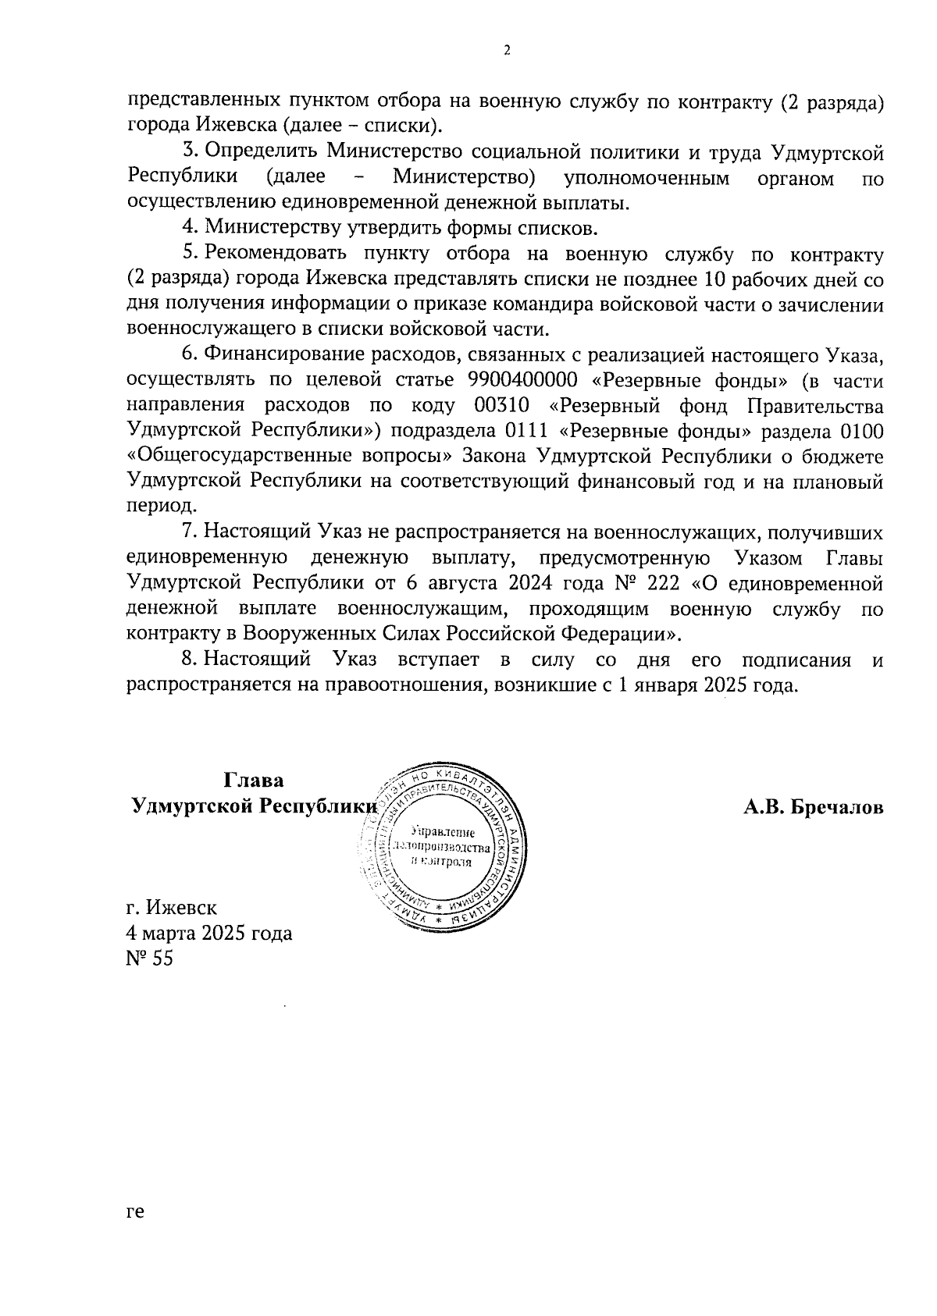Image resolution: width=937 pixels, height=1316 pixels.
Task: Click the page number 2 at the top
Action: [x=508, y=52]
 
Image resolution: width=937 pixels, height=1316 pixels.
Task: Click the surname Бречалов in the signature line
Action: [x=836, y=807]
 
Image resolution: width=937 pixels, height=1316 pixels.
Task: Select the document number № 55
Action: [x=149, y=958]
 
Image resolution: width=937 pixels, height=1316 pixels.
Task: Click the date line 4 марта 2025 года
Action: [x=209, y=933]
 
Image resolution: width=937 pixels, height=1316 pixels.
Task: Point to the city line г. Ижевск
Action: [x=172, y=907]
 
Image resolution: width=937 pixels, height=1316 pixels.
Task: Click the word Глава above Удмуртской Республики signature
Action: [x=254, y=781]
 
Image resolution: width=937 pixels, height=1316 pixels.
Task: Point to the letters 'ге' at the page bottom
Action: [x=135, y=1234]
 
